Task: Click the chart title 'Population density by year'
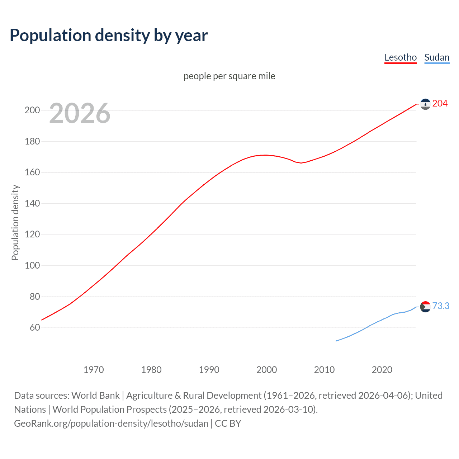point(109,36)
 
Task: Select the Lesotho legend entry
point(400,57)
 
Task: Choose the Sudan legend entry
point(436,57)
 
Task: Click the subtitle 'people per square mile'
point(229,76)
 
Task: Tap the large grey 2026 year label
point(80,113)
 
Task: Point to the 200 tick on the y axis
point(32,110)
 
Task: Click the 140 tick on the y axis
point(32,203)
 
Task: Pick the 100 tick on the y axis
point(32,265)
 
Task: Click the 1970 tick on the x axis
point(94,370)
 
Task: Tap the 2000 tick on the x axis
point(266,370)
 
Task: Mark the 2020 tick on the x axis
point(382,370)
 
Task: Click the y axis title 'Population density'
point(15,222)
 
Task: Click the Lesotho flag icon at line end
point(425,104)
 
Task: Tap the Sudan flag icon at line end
point(425,307)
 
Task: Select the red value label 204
point(440,104)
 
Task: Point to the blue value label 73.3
point(441,306)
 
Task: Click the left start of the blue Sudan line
point(336,341)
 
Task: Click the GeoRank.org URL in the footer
point(111,423)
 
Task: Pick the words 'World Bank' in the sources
point(95,396)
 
